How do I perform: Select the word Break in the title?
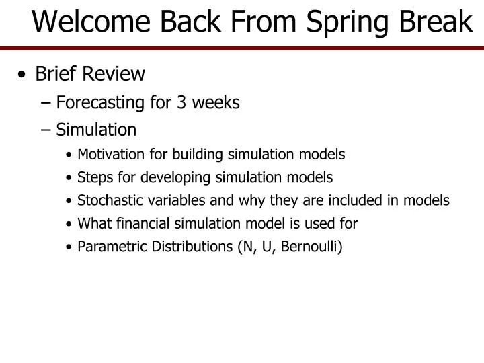(436, 22)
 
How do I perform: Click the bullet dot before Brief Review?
(24, 74)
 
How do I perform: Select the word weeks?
(215, 102)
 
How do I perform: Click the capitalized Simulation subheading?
(96, 129)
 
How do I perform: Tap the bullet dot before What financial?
(71, 224)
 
